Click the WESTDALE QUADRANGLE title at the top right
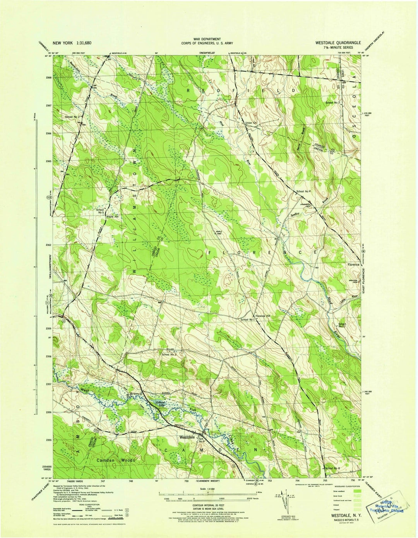point(338,43)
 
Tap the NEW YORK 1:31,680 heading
point(75,43)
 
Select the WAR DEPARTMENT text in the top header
point(207,39)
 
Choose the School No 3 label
point(169,355)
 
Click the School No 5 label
point(100,211)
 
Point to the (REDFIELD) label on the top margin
point(207,52)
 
